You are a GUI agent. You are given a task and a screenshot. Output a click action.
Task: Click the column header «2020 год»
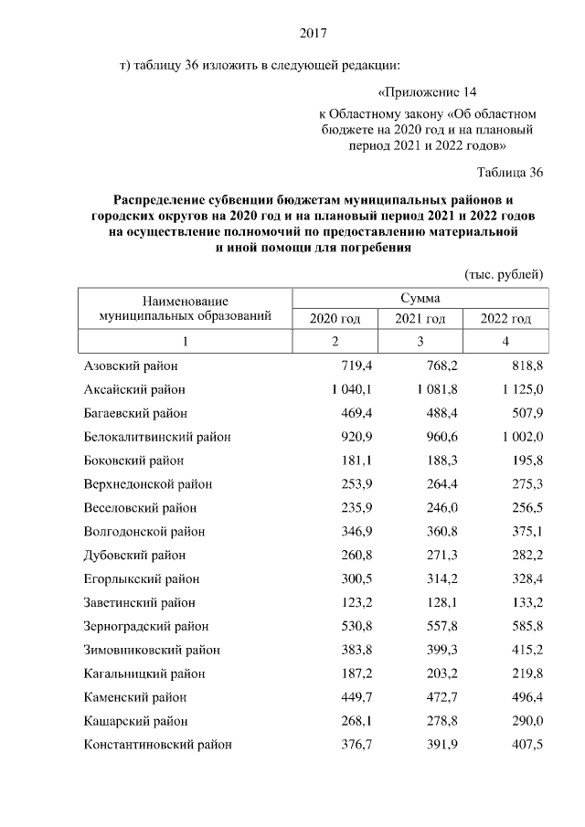tap(335, 318)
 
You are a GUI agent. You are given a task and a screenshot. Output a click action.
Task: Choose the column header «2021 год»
tap(420, 318)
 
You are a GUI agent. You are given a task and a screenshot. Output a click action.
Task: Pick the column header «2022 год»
tap(505, 318)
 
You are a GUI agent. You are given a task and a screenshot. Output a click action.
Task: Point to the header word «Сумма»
tap(420, 298)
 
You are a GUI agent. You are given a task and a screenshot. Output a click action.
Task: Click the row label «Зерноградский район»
tap(146, 627)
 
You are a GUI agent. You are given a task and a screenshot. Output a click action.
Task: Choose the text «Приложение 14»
tap(427, 92)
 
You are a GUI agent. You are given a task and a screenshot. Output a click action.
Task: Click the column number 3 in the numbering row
tap(420, 342)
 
